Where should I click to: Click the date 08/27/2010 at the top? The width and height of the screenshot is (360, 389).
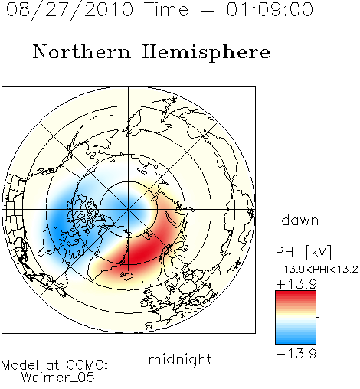[70, 10]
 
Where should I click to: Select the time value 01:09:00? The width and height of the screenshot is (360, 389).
[270, 9]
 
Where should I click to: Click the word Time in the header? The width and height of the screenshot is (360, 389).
[166, 9]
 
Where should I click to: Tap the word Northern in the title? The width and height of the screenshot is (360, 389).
[82, 51]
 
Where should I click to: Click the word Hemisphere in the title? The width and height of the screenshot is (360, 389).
[206, 53]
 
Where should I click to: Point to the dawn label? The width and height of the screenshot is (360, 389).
[300, 220]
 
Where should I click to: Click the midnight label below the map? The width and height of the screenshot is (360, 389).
[180, 360]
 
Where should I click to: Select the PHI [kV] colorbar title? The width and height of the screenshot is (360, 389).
[304, 252]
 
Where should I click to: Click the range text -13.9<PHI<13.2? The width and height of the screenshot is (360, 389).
[317, 270]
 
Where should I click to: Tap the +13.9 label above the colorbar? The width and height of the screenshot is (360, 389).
[296, 283]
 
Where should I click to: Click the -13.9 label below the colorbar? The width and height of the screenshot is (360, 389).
[296, 354]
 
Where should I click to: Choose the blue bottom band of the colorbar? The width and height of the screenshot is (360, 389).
[296, 341]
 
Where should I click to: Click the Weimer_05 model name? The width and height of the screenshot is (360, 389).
[57, 378]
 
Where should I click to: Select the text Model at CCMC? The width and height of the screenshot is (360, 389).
[54, 365]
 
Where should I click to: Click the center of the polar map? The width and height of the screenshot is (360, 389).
[129, 209]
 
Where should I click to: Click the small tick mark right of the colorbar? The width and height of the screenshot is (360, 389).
[318, 317]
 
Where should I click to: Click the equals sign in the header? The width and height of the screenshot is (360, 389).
[208, 10]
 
